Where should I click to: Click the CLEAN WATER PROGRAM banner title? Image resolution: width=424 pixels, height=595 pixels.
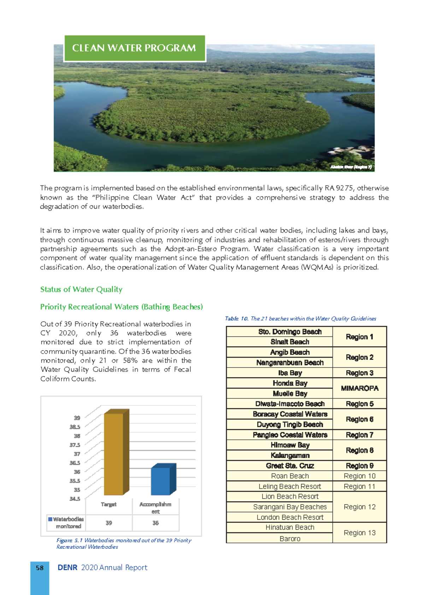[x=134, y=48]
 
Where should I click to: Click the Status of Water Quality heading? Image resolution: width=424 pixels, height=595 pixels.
[x=81, y=289]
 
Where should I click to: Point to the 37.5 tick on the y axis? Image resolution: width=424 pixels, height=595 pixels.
[x=75, y=445]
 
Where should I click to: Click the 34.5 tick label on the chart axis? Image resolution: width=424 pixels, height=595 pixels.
[x=75, y=499]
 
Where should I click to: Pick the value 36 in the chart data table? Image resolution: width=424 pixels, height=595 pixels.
[x=155, y=523]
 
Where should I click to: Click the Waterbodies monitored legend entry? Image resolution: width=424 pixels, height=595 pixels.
[x=66, y=522]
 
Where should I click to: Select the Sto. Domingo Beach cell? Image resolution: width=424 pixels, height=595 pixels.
[x=290, y=332]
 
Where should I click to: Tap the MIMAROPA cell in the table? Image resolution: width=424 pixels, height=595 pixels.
[x=359, y=388]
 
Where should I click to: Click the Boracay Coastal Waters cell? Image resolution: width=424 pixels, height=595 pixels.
[x=290, y=414]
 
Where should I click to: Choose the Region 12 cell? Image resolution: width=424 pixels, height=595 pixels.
[x=359, y=507]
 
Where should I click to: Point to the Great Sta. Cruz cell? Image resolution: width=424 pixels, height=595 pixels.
[x=290, y=466]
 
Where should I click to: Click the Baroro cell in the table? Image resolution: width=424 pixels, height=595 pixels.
[x=290, y=539]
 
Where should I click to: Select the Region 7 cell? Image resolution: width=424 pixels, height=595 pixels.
[x=359, y=435]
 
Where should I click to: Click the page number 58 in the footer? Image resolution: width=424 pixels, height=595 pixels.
[x=40, y=568]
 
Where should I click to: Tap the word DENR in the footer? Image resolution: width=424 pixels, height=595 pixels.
[x=67, y=568]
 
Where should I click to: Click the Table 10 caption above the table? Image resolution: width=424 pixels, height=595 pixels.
[x=300, y=319]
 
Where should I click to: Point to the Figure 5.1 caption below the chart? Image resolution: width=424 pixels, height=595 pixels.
[x=123, y=543]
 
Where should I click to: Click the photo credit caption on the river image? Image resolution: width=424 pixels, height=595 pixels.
[x=351, y=167]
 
